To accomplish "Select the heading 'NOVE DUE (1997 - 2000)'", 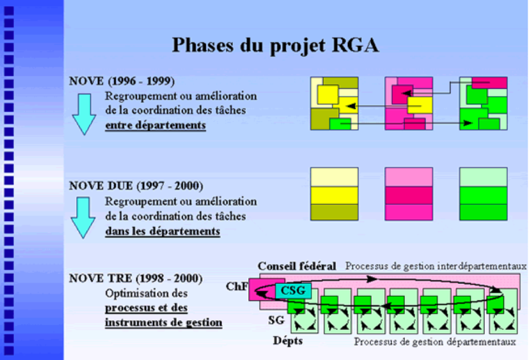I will point(136,186).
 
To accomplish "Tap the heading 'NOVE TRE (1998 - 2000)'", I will point(136,279).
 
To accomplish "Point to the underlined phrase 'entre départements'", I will point(155,125).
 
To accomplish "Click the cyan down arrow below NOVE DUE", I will point(83,218).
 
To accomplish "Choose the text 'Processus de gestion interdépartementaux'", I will point(436,265).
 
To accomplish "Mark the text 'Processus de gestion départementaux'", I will point(435,342).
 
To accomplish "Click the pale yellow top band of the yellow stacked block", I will point(333,177).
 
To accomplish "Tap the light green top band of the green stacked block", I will point(483,177).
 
